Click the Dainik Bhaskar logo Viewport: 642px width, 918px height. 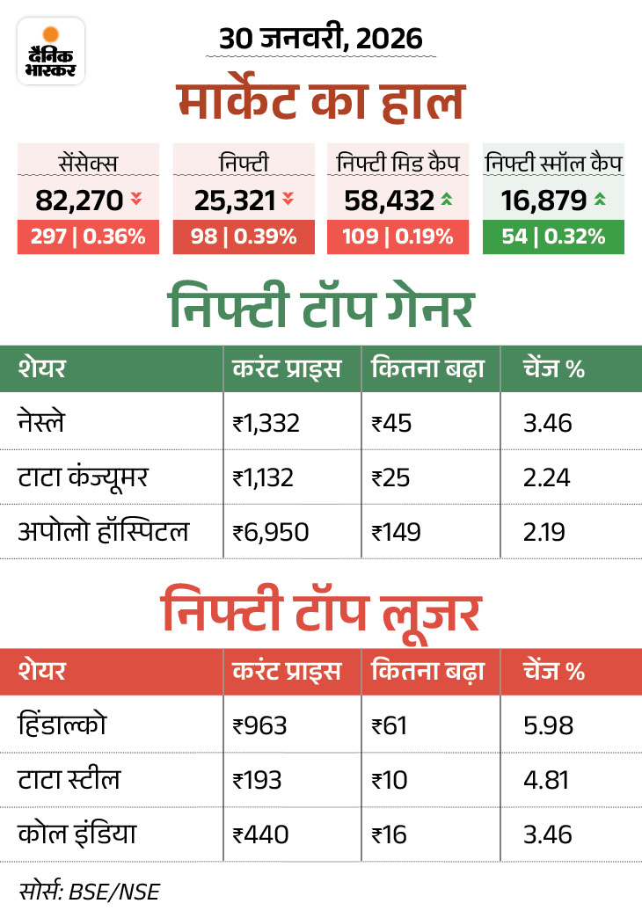[x=51, y=50]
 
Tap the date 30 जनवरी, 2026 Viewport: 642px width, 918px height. [x=321, y=39]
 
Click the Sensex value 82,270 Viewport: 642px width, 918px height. [x=79, y=200]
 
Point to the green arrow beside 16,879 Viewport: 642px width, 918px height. [x=600, y=200]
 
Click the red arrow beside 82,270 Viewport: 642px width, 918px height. [x=135, y=200]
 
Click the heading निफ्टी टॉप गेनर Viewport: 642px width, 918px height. [x=321, y=308]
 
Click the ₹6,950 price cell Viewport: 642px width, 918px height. [x=271, y=532]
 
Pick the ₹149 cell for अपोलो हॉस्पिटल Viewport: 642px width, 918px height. [x=397, y=532]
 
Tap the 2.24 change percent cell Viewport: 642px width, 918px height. [x=546, y=477]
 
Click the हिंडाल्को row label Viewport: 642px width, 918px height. [x=63, y=725]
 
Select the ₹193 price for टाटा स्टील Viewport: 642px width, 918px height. [x=259, y=780]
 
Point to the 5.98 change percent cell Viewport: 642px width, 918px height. [x=546, y=725]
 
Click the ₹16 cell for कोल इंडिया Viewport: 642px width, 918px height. [x=390, y=834]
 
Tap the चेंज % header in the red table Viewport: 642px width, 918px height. [x=554, y=672]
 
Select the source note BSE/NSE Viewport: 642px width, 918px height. [x=88, y=890]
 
